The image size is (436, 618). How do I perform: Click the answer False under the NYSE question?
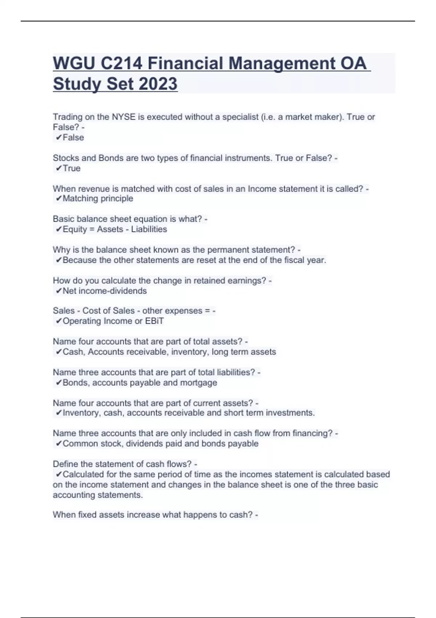point(73,137)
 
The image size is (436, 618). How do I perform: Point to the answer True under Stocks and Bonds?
point(72,168)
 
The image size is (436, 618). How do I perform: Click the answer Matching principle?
point(98,198)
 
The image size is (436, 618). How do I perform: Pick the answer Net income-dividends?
point(105,291)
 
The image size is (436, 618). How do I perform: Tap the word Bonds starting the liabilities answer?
point(75,382)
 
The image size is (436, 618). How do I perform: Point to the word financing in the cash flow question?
point(313,433)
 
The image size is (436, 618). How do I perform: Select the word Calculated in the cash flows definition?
point(83,474)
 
